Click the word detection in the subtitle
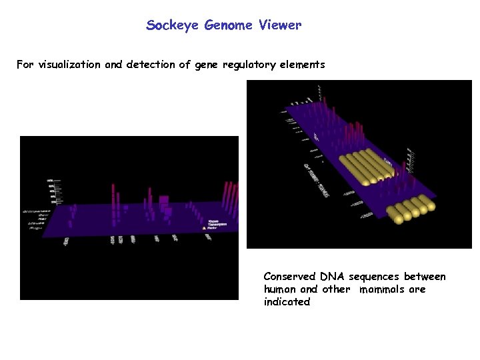[x=145, y=65]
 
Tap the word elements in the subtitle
[x=303, y=65]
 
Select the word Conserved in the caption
[x=290, y=277]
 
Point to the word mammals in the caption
[x=383, y=289]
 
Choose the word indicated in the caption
[x=287, y=302]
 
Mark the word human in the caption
[x=280, y=289]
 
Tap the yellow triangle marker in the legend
[x=205, y=227]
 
